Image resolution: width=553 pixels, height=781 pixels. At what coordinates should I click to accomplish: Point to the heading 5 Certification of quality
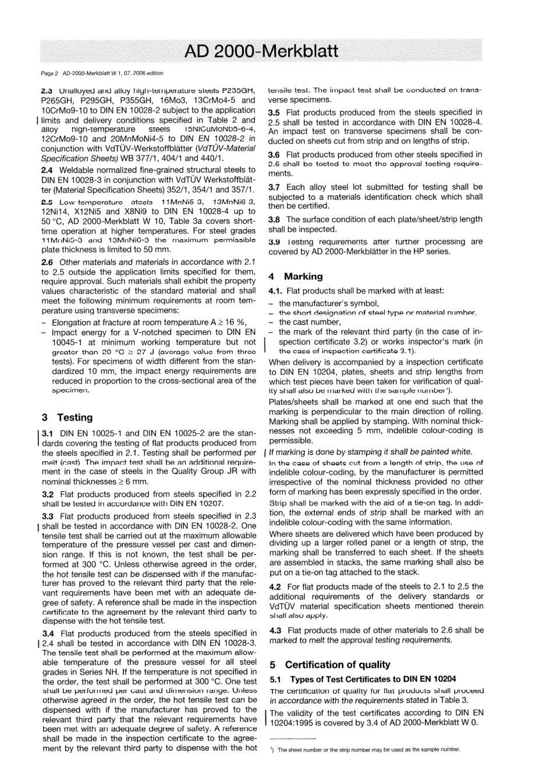point(330,665)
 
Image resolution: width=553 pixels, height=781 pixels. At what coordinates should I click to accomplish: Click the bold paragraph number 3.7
point(275,187)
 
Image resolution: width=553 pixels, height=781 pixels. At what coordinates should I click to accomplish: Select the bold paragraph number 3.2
point(48,494)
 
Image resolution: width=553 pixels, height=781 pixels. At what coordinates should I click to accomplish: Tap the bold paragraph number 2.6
point(48,262)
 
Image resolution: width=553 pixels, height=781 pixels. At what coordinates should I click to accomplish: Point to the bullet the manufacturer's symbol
point(329,303)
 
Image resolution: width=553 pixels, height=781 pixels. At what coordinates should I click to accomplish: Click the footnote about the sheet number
point(368,750)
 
